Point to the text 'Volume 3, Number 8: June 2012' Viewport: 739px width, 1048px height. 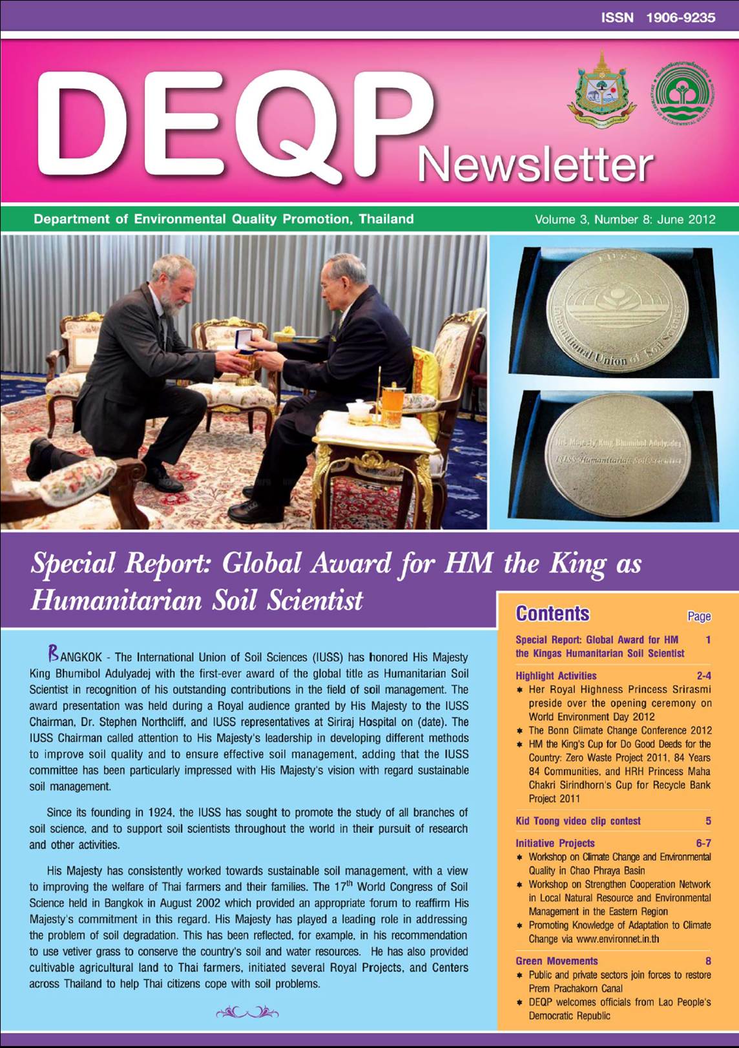(x=625, y=219)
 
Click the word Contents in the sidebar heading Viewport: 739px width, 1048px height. (x=552, y=613)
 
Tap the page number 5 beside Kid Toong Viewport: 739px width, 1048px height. (x=708, y=821)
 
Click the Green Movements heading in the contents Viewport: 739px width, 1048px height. (x=557, y=961)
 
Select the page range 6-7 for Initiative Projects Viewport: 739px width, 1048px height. (x=703, y=843)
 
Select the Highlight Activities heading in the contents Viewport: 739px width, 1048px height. (x=556, y=676)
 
